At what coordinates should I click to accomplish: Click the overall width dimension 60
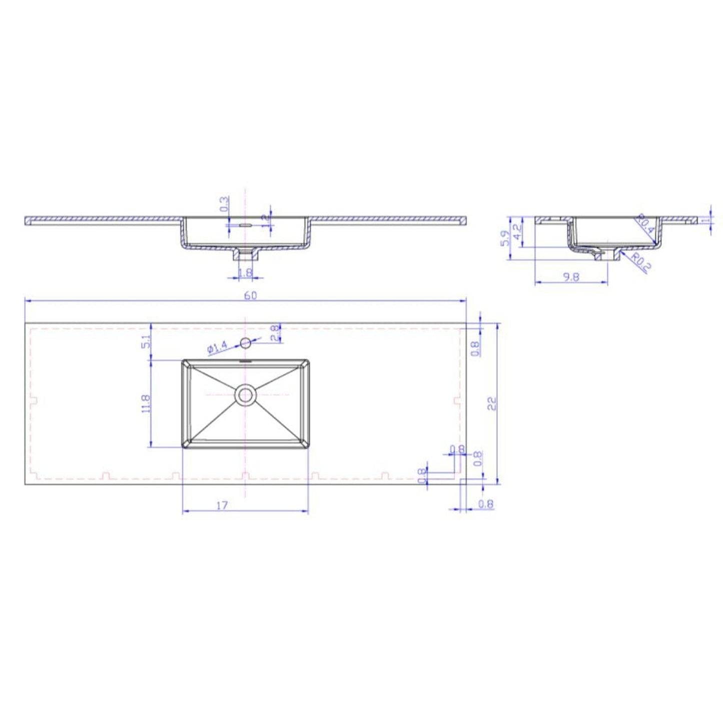tap(250, 295)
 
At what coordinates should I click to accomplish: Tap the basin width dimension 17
tap(222, 505)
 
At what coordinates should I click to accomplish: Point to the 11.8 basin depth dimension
tap(146, 403)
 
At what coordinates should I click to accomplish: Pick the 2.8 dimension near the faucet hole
tap(275, 333)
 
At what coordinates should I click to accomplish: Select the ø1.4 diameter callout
tap(216, 347)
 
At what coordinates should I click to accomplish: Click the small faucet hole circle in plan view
tap(245, 343)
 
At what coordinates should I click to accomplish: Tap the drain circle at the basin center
tap(245, 395)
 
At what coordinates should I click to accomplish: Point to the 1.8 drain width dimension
tap(245, 273)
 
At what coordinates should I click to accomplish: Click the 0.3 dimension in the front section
tap(224, 203)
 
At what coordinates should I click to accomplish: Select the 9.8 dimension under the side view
tap(571, 277)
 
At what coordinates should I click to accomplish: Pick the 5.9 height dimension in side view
tap(505, 238)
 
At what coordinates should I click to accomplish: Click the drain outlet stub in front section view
tap(245, 255)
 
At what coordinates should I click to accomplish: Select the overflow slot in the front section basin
tap(245, 226)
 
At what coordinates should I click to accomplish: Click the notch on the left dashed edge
tap(35, 401)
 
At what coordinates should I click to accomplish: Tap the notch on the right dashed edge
tap(456, 401)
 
